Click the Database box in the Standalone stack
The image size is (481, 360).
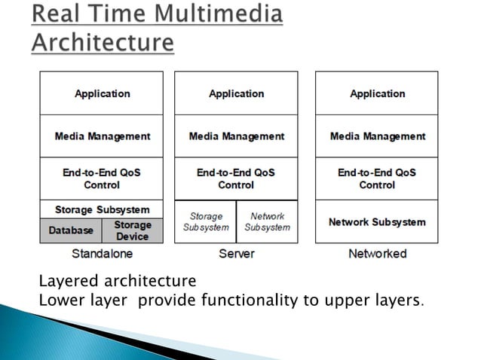(72, 230)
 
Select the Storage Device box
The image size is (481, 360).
(133, 230)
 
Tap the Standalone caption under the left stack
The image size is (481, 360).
(102, 254)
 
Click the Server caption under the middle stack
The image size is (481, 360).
(236, 254)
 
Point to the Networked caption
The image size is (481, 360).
(377, 254)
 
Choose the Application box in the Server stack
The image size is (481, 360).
(236, 93)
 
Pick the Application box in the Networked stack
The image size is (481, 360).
(377, 93)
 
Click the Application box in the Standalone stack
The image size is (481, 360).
(102, 93)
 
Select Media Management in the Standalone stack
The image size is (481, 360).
(102, 136)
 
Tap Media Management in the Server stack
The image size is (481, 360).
(236, 136)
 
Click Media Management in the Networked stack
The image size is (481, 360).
(377, 136)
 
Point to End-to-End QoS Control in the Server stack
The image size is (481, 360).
(236, 178)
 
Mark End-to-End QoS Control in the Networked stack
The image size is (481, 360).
(377, 178)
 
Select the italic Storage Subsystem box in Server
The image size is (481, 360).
(205, 221)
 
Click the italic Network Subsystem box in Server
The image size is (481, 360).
(267, 221)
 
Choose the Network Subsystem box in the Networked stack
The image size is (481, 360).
(377, 222)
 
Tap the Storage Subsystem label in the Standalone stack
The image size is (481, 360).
(102, 209)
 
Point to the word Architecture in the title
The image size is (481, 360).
(103, 42)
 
